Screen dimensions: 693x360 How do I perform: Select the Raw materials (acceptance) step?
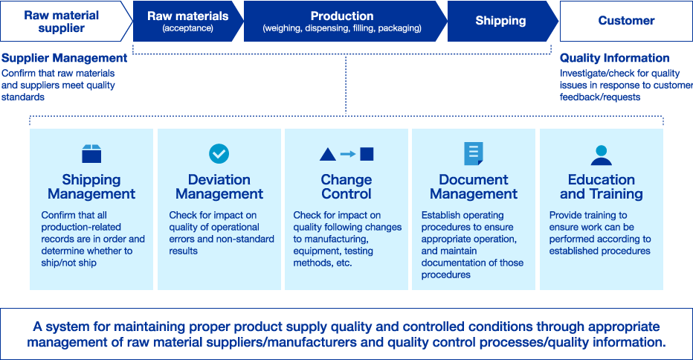(188, 22)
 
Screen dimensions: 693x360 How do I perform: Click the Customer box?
(626, 22)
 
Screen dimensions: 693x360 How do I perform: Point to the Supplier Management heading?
(65, 58)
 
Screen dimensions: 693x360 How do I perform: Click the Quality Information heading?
(614, 58)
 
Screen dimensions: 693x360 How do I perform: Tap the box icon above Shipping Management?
(91, 154)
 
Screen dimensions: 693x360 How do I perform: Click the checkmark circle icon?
(219, 153)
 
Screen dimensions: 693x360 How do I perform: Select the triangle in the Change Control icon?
(327, 155)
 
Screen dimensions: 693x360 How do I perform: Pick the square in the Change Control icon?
(367, 154)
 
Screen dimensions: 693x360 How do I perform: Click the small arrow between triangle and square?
(348, 154)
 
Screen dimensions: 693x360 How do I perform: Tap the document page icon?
(474, 153)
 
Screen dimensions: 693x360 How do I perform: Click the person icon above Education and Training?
(601, 155)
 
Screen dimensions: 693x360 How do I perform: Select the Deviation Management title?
(219, 187)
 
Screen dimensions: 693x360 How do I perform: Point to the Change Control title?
(346, 187)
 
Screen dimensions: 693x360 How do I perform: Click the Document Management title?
(474, 187)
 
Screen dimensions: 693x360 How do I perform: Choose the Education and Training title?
(602, 187)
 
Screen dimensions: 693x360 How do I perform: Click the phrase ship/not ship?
(69, 263)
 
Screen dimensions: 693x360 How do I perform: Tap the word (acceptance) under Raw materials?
(188, 28)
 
